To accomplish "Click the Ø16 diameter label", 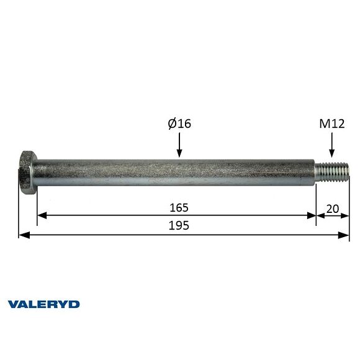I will (179, 124).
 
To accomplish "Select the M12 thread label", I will (332, 124).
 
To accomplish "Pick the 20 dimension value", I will (332, 209).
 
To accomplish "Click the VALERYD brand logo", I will (43, 304).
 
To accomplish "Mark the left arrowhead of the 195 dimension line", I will (23, 235).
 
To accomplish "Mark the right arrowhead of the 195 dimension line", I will (345, 235).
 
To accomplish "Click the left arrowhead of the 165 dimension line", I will (41, 216).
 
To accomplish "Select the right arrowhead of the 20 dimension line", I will (345, 216).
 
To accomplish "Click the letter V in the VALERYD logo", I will (12, 304).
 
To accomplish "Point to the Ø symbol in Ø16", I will (172, 124).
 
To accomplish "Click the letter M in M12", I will (325, 124).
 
